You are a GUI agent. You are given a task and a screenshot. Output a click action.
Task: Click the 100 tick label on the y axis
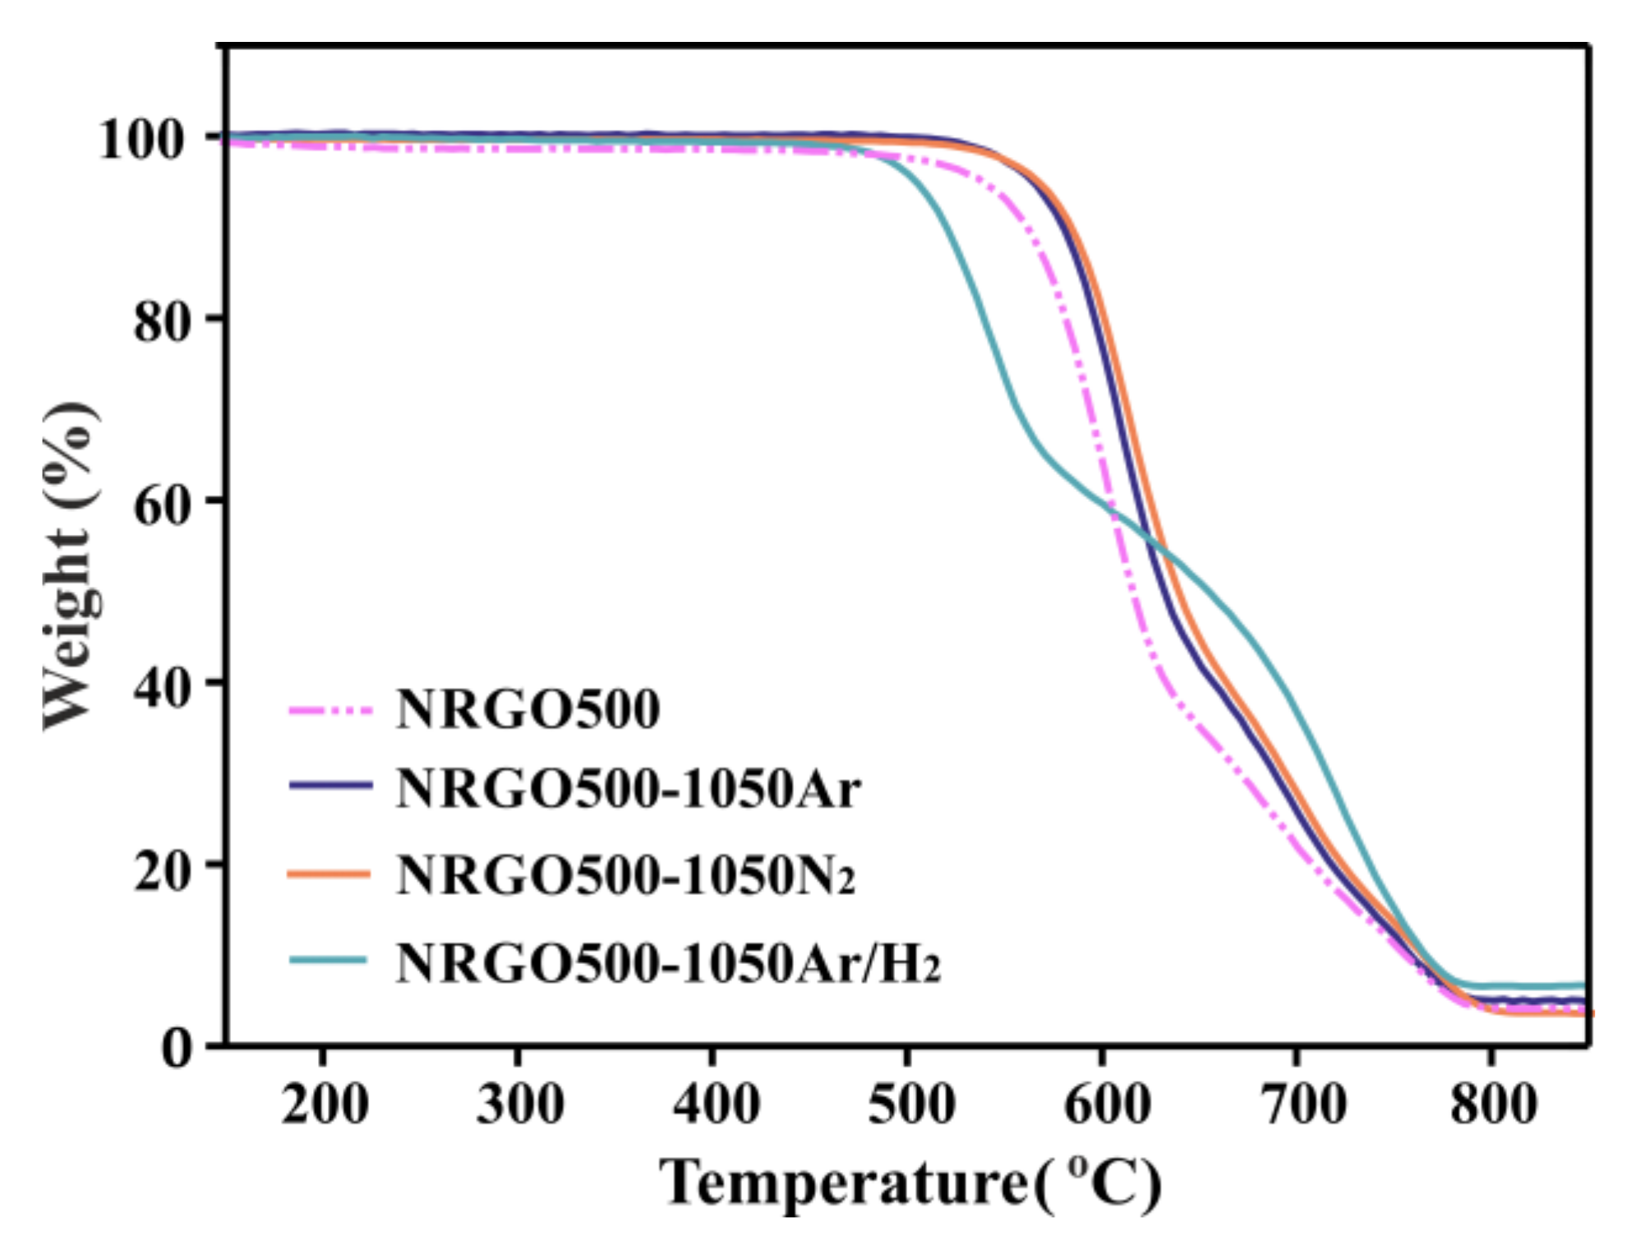point(140,140)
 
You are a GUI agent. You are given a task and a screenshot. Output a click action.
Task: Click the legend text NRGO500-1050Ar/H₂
point(667,962)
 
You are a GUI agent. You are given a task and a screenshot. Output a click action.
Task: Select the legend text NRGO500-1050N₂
point(625,875)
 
